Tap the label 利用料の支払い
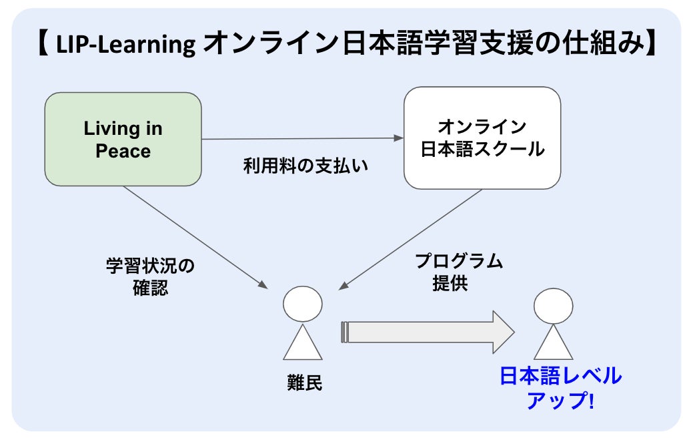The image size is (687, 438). coord(306,165)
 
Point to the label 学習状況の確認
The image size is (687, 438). coord(150,276)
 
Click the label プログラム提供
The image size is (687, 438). coord(459,272)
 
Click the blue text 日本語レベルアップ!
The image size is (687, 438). coord(560,387)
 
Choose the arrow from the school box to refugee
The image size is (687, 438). coord(410,239)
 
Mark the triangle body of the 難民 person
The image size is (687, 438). coord(302,345)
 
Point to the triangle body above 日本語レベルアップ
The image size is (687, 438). coord(553,345)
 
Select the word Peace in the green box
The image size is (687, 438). coord(123,151)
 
